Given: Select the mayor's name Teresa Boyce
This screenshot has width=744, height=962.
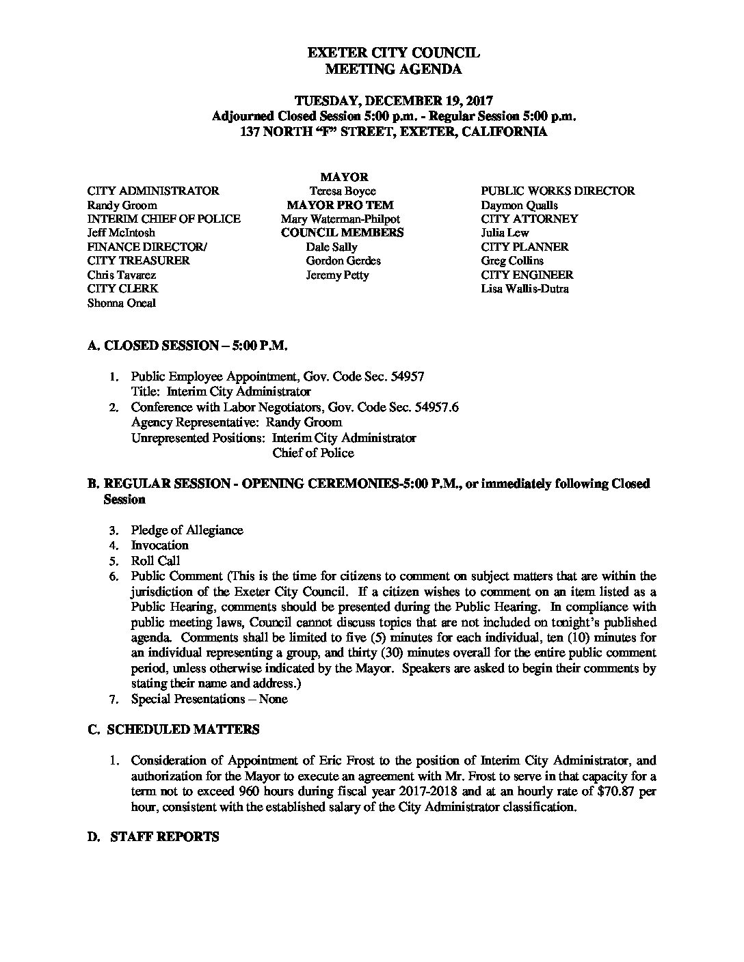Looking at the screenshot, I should pos(343,191).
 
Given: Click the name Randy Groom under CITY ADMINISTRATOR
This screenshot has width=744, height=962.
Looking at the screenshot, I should pos(122,205).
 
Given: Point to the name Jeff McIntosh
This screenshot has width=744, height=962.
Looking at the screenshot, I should pos(121,233).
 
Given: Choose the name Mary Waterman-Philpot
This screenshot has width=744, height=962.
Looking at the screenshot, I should pos(340,219).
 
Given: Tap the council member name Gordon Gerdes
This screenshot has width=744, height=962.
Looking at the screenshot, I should pos(343,261).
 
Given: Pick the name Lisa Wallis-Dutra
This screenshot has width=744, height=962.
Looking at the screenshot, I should pos(524,289).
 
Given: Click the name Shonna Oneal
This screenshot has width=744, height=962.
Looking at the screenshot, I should pos(121,303).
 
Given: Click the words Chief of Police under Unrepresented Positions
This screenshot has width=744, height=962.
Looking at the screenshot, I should pos(313,453).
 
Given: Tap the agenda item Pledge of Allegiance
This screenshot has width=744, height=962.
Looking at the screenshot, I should pos(187,530).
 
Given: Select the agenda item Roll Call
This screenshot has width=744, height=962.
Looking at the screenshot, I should pos(155,561).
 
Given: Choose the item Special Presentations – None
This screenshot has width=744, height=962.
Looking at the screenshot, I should pos(209,699).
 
